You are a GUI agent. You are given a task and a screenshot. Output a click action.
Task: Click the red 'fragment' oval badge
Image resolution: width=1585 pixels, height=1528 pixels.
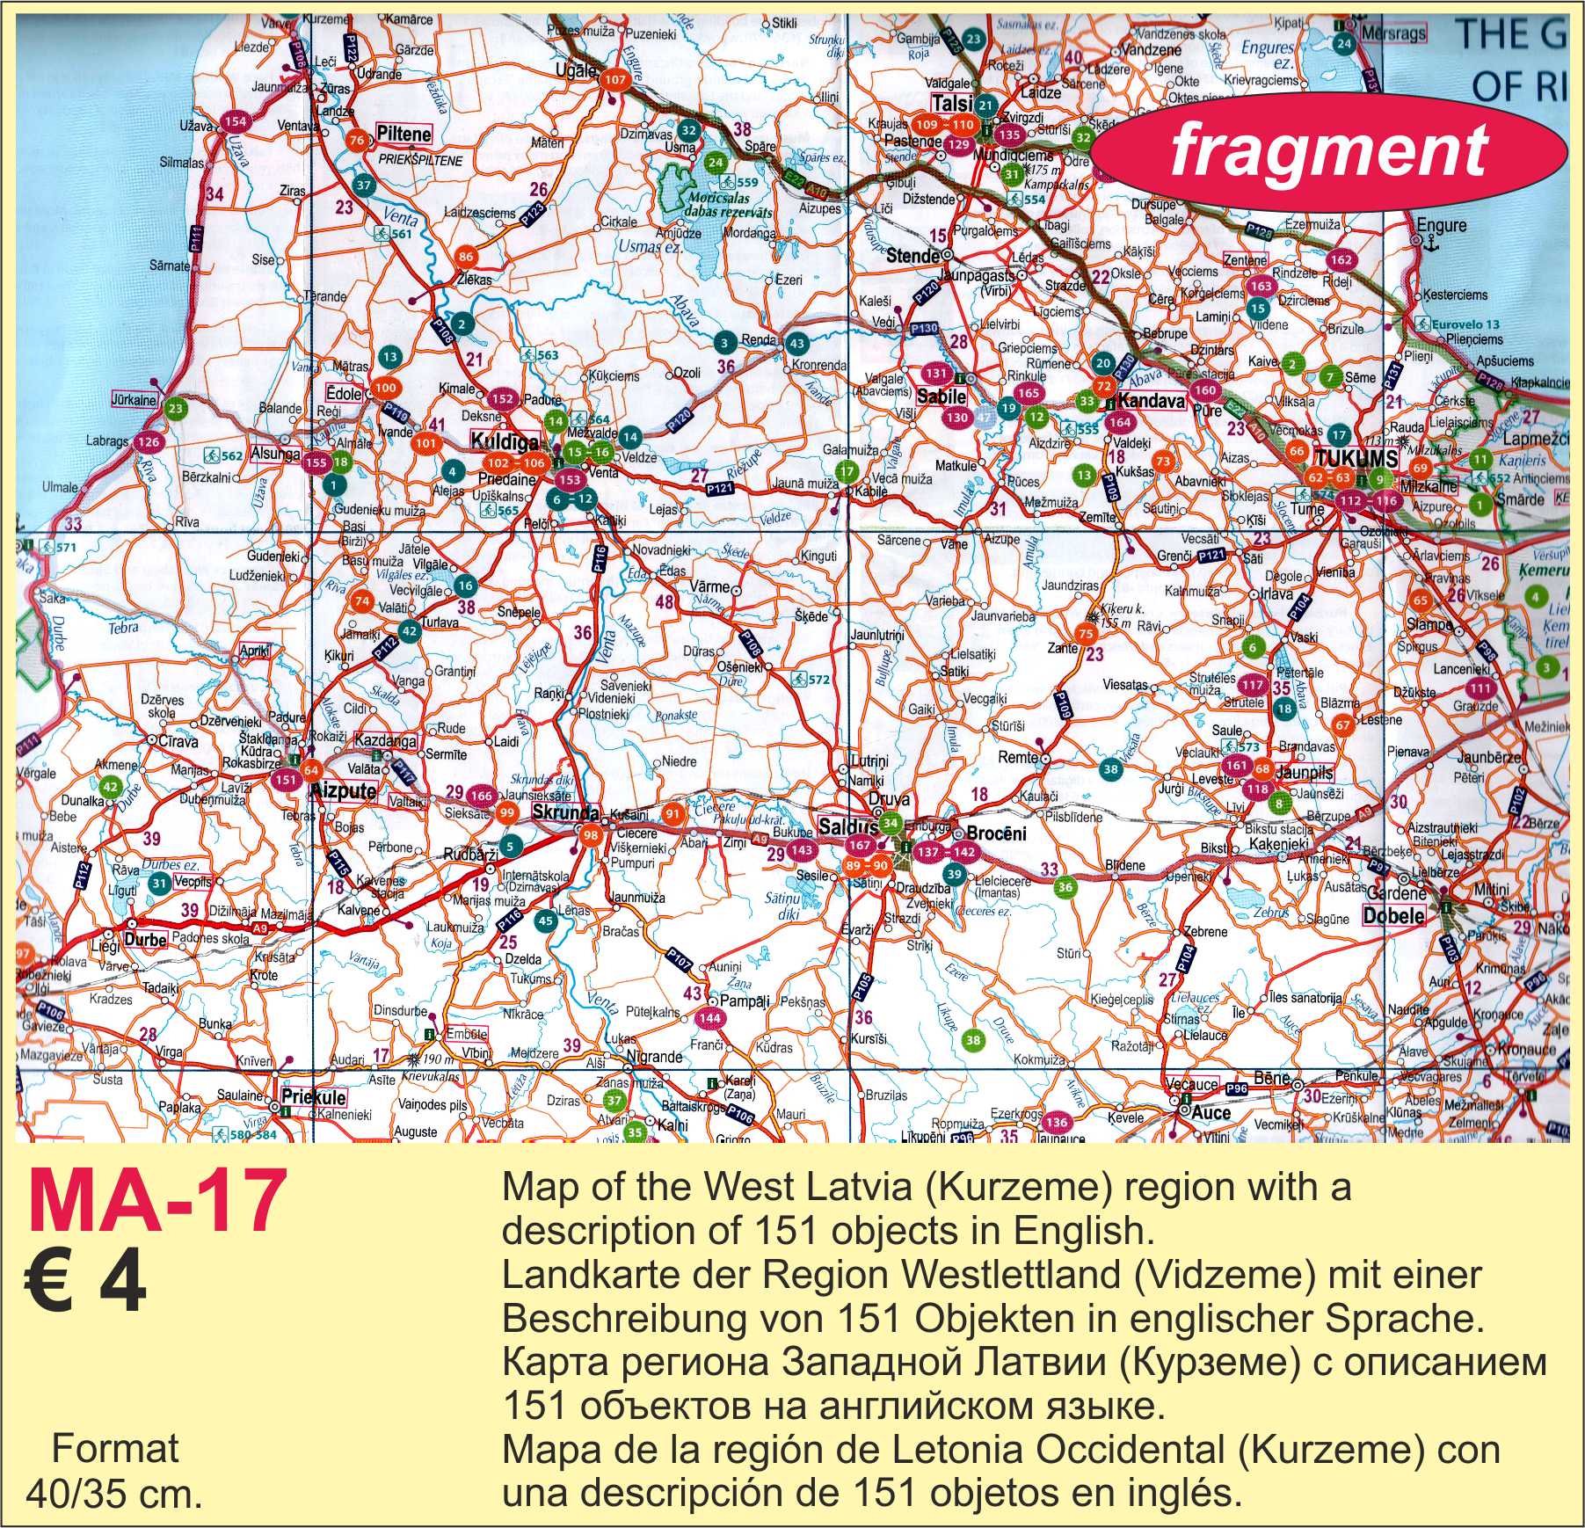click(1328, 150)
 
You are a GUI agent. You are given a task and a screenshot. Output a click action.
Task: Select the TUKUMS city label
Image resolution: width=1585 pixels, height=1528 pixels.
click(1356, 458)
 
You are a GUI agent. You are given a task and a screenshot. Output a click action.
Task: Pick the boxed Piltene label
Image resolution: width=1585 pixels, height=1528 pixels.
click(404, 135)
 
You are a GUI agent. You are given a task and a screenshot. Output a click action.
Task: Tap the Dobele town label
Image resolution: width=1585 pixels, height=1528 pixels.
click(1393, 915)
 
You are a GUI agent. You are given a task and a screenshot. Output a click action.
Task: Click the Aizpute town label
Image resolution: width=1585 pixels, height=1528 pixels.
click(345, 790)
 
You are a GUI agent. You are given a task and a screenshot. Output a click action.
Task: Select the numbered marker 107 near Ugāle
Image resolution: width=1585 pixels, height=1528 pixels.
click(615, 80)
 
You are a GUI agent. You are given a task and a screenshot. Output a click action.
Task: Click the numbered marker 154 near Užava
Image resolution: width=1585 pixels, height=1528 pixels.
click(235, 121)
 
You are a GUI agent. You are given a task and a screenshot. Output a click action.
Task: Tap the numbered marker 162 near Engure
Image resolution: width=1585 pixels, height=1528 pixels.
click(1341, 259)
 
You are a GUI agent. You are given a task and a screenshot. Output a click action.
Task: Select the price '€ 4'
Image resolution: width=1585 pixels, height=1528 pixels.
click(84, 1289)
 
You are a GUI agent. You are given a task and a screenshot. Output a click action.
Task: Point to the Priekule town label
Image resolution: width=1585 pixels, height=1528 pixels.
click(313, 1097)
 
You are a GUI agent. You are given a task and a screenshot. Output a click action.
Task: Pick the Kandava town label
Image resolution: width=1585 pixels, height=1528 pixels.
click(1152, 402)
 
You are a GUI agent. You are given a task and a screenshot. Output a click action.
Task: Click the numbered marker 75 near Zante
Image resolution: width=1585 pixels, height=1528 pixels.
click(1086, 634)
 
